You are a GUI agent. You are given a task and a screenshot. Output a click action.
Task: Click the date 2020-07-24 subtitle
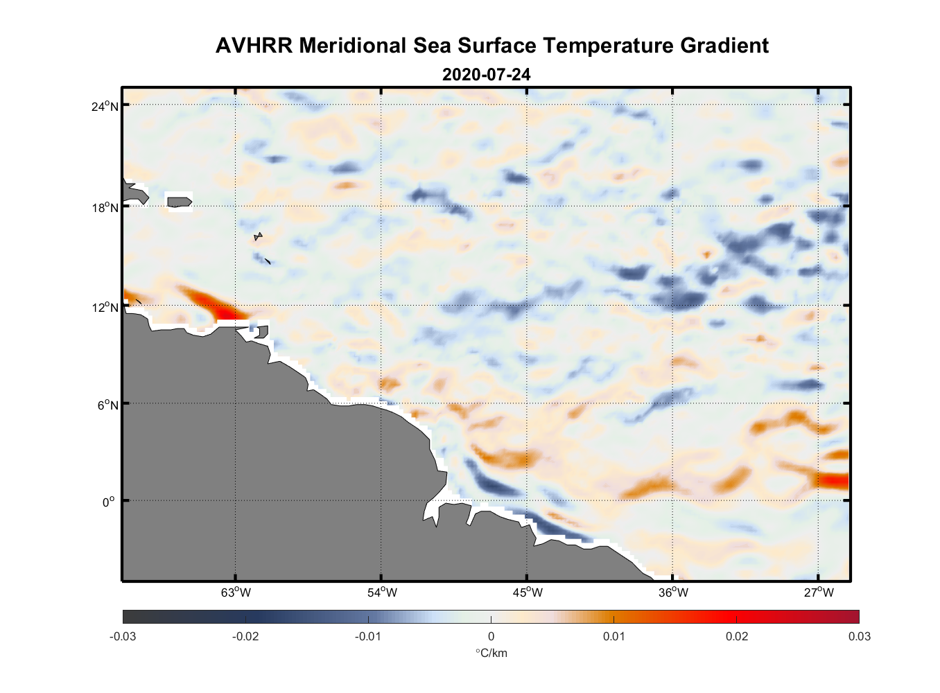(486, 74)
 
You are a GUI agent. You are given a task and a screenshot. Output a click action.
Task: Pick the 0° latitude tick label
(109, 502)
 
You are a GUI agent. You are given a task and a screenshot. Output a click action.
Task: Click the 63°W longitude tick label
(236, 593)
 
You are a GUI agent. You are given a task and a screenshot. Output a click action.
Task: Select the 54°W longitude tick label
(382, 593)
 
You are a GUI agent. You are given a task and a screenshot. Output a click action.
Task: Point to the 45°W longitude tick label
(528, 593)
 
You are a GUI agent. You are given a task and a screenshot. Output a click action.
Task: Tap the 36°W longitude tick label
(673, 593)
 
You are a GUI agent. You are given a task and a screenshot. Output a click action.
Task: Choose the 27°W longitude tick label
(819, 593)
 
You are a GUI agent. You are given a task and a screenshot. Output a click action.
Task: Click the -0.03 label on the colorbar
(123, 637)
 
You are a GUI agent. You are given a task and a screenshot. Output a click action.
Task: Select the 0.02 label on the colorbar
(736, 637)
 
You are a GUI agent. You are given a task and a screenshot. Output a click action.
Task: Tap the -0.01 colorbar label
(367, 637)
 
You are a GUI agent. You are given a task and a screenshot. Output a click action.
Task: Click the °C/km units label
(491, 653)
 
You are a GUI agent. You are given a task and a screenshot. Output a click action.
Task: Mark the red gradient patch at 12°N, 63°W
(211, 304)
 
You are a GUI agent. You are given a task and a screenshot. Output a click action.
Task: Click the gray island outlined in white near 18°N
(179, 202)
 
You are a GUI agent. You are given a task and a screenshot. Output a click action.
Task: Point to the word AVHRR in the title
(253, 46)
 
